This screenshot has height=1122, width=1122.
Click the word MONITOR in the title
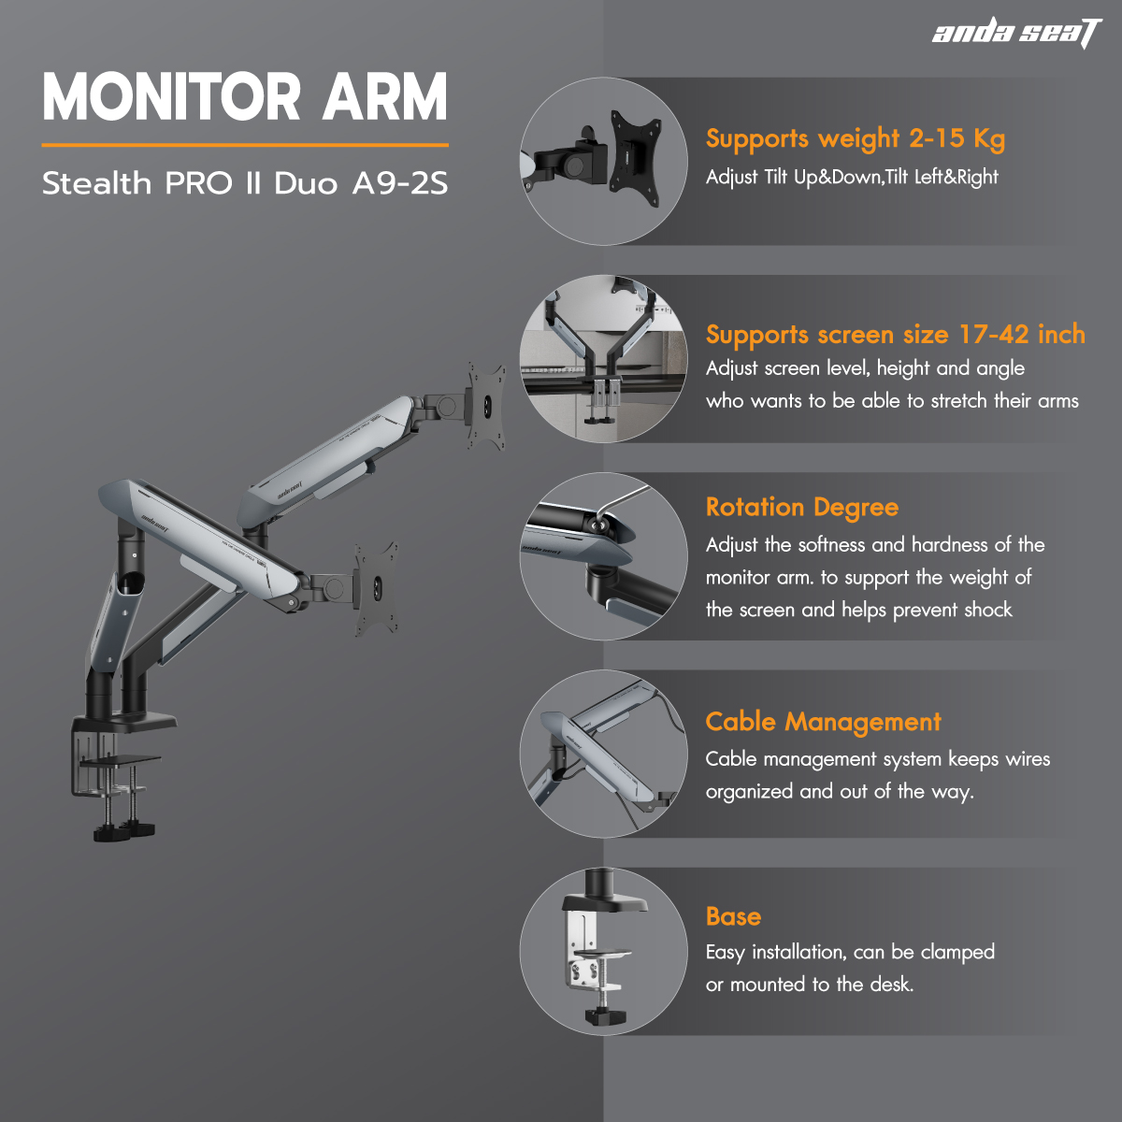[171, 96]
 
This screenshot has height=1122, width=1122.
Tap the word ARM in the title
[385, 96]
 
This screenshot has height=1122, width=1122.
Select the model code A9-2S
[400, 183]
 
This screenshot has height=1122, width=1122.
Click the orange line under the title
[245, 145]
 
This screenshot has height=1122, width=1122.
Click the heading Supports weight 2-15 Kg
[856, 139]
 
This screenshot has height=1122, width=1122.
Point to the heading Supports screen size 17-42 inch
[896, 335]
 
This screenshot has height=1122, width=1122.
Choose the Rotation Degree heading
[801, 508]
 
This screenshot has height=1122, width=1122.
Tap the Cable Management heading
[823, 722]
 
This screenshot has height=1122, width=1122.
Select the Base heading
[733, 916]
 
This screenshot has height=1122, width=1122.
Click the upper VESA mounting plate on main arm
[486, 406]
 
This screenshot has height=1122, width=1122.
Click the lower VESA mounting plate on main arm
[376, 588]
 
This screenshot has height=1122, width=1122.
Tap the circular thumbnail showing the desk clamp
[604, 952]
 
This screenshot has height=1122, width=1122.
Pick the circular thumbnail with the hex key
[604, 556]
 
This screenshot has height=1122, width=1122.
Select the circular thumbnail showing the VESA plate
[604, 161]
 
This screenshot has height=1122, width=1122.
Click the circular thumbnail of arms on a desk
[604, 359]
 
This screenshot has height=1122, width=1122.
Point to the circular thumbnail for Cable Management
[604, 754]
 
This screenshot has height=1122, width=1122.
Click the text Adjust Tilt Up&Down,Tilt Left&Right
[852, 177]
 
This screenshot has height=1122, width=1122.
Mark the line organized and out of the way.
[839, 792]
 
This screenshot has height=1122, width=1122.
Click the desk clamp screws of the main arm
[123, 800]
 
